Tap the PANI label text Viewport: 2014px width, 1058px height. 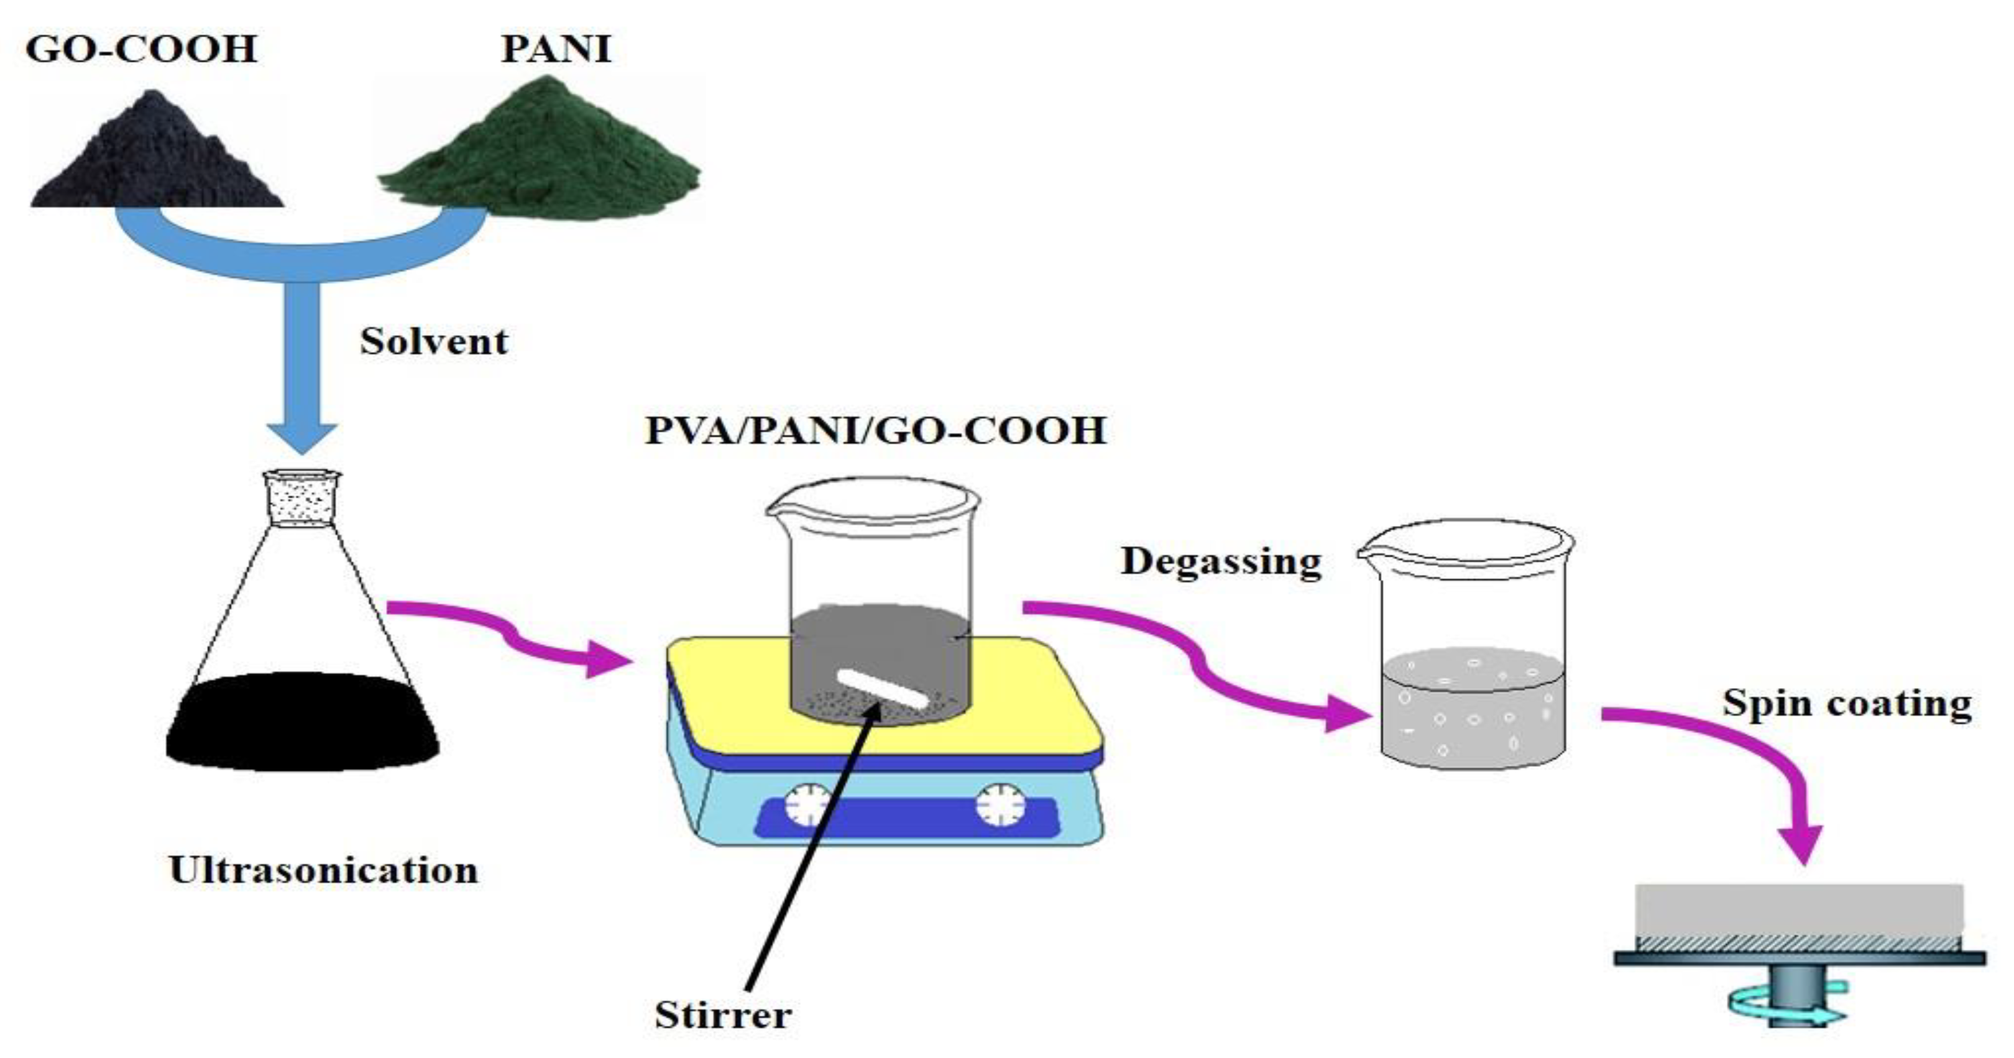(556, 48)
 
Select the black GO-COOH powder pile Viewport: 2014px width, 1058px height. (157, 157)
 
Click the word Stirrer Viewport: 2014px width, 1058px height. (723, 1015)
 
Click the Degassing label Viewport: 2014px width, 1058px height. (1221, 561)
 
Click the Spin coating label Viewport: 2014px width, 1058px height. (1847, 702)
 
